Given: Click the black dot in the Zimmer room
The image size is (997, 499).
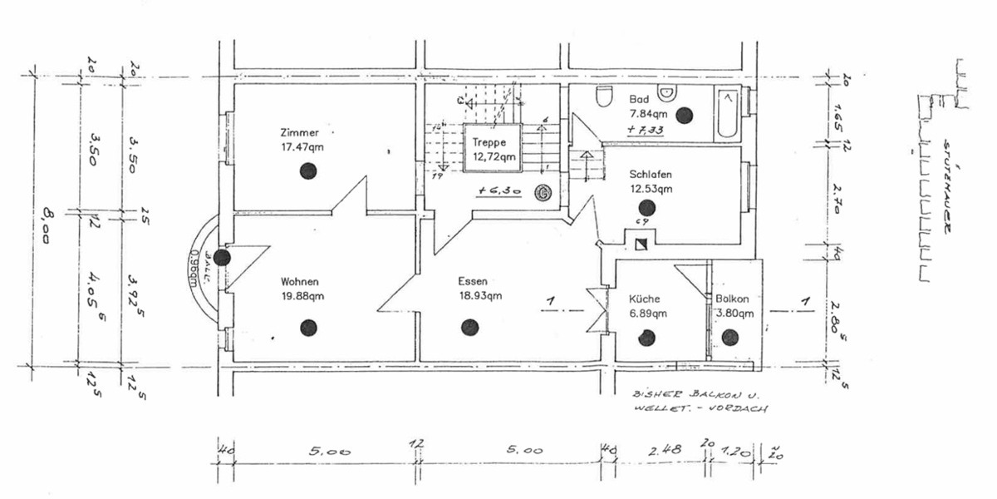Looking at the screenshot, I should [x=307, y=171].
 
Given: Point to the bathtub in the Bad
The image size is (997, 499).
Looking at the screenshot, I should [x=726, y=116].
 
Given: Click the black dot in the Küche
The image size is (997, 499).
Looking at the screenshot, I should [x=646, y=338].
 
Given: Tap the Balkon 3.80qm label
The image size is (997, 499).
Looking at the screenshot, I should [x=734, y=307].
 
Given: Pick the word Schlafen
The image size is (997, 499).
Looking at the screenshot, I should [x=651, y=175].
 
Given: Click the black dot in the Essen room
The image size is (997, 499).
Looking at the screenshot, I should [x=470, y=327].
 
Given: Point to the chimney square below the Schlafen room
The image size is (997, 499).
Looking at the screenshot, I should [x=641, y=245].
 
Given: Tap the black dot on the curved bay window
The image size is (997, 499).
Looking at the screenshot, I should [x=222, y=257].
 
